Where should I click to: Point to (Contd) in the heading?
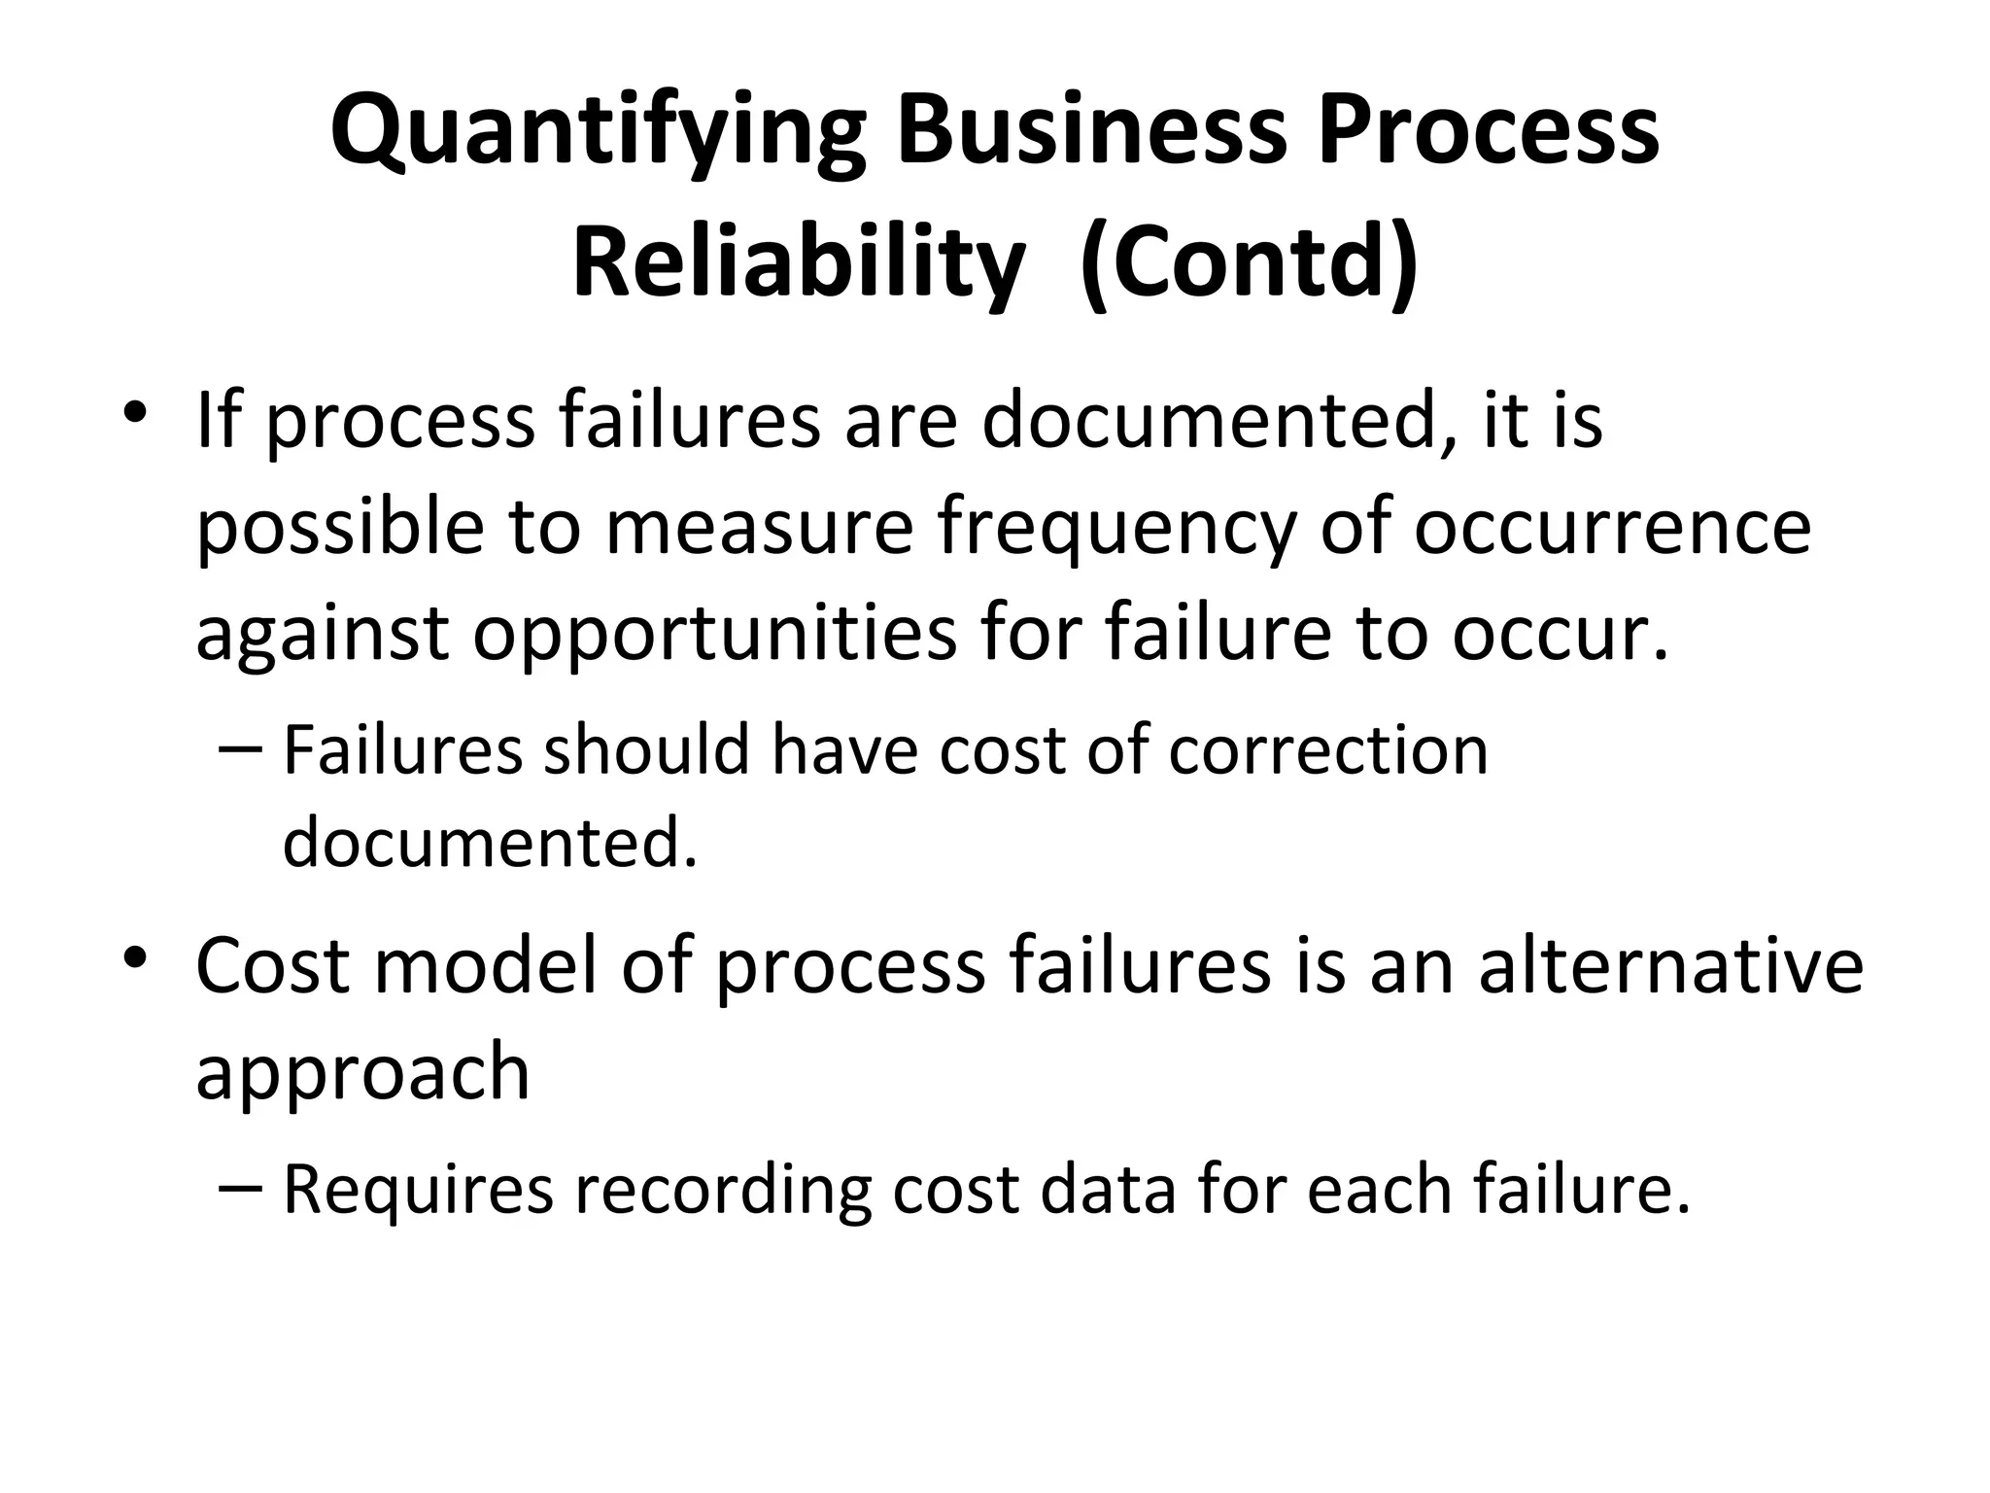(x=1250, y=263)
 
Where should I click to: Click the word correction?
(x=1328, y=750)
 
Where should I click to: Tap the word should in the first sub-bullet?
(x=646, y=750)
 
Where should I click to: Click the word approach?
(x=362, y=1073)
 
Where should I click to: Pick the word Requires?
(x=418, y=1190)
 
